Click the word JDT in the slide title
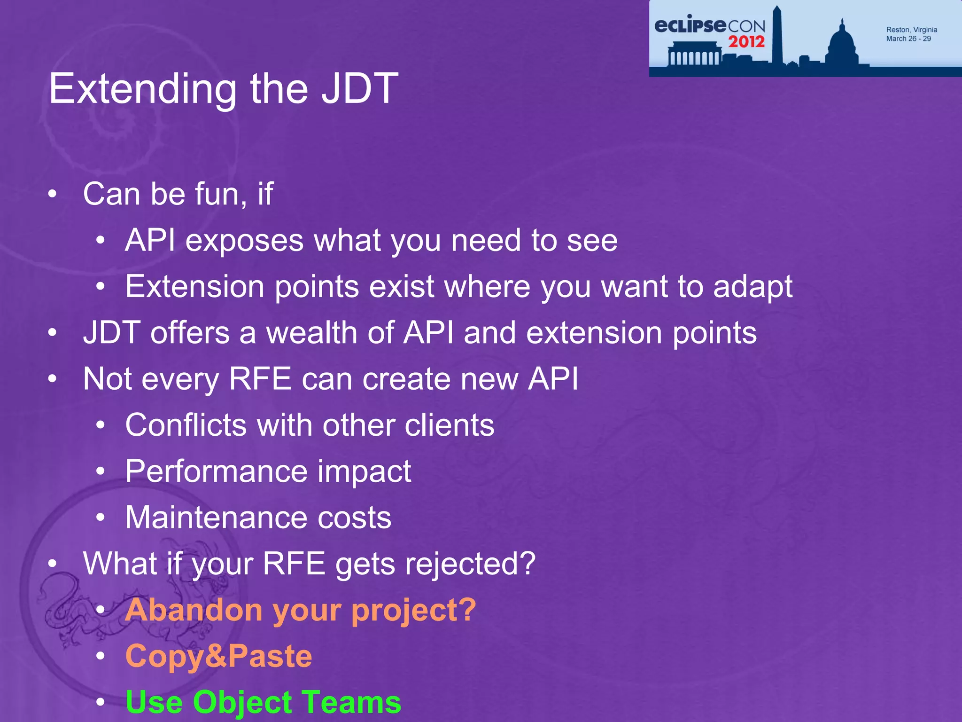click(360, 89)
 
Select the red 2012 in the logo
click(746, 42)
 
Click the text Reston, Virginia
click(911, 30)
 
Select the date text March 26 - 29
click(908, 39)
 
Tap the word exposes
click(244, 241)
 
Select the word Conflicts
click(186, 425)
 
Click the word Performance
click(216, 471)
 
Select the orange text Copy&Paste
click(218, 656)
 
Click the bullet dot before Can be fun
click(52, 194)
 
